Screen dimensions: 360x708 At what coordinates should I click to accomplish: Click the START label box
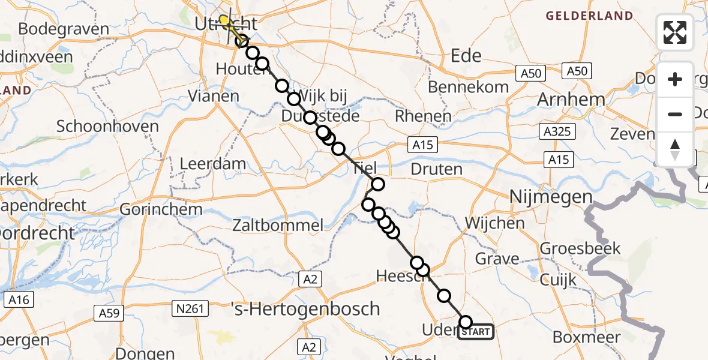click(476, 331)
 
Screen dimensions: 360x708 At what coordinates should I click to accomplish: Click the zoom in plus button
click(675, 79)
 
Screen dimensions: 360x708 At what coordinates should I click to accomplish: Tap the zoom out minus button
click(675, 114)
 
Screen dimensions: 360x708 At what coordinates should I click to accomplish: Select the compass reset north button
click(675, 149)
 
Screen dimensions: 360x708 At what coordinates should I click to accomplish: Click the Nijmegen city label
click(551, 197)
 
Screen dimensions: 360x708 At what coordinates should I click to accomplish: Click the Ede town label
click(466, 56)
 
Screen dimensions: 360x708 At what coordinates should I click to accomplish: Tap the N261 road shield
click(191, 309)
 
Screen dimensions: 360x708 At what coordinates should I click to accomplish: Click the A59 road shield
click(109, 313)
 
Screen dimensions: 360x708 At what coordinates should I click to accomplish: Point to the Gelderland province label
click(589, 16)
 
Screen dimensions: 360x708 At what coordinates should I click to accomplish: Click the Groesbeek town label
click(571, 248)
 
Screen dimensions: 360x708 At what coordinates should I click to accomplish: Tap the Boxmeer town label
click(586, 337)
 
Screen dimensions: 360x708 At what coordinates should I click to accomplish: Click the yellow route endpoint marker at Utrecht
click(224, 20)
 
